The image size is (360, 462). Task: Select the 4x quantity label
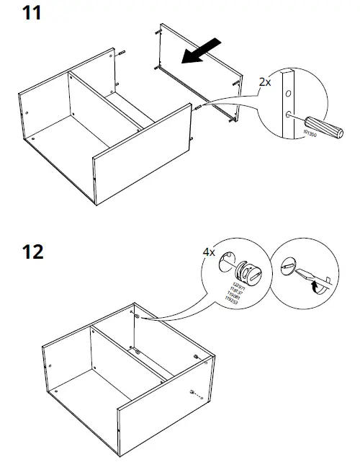coord(210,254)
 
